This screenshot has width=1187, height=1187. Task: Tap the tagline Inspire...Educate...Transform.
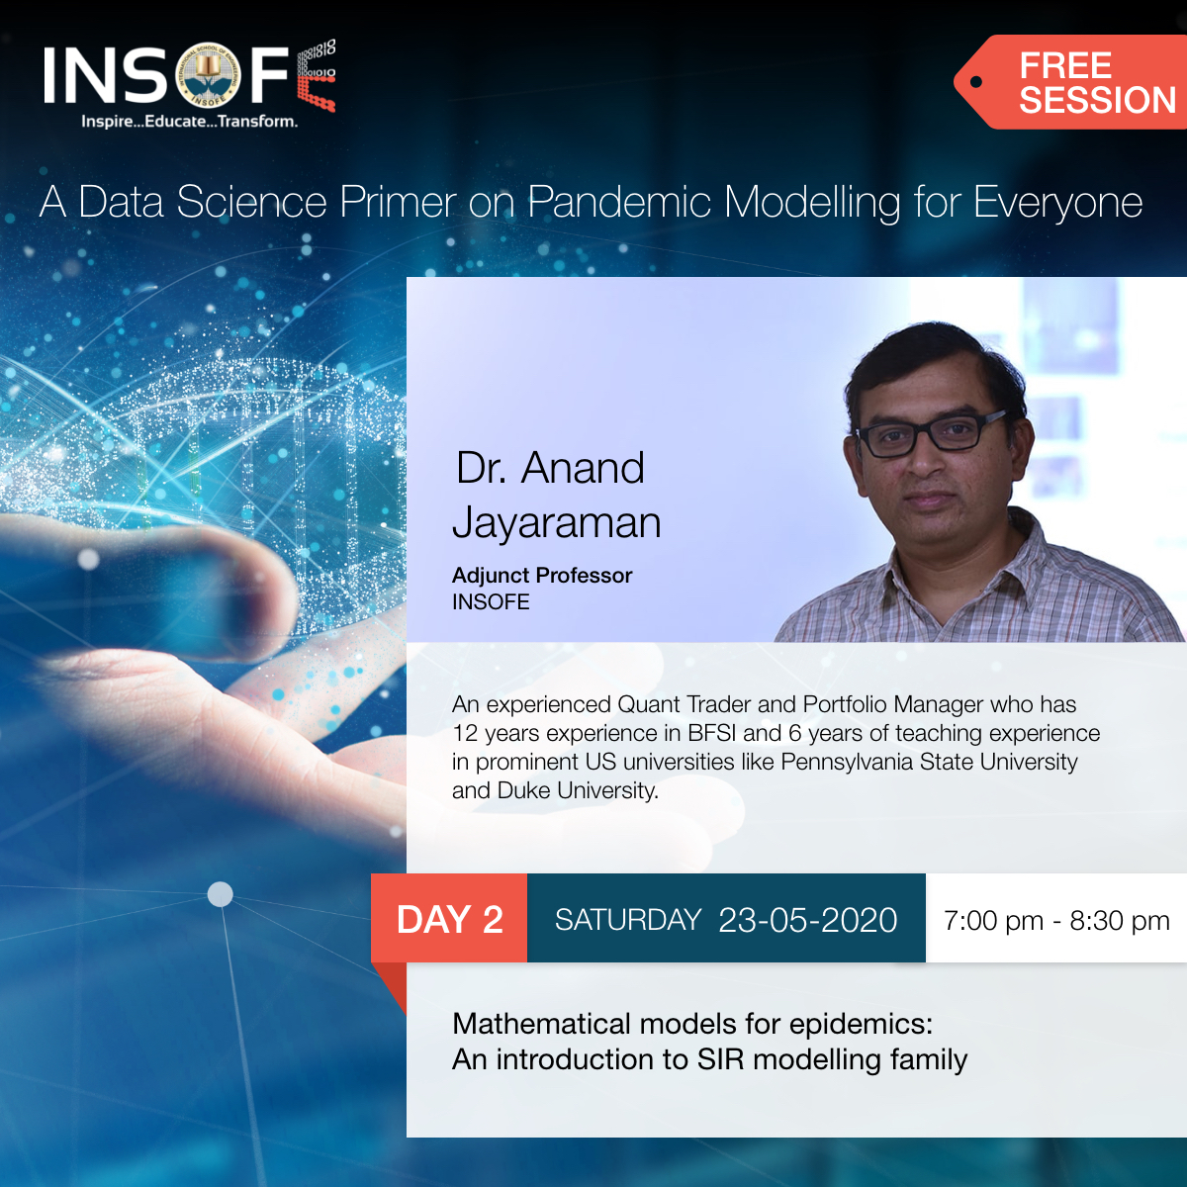pyautogui.click(x=189, y=122)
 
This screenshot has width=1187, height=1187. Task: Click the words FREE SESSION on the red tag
pyautogui.click(x=1096, y=83)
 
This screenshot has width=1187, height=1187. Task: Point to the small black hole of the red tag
pyautogui.click(x=976, y=82)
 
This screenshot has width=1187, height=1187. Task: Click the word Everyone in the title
pyautogui.click(x=1057, y=203)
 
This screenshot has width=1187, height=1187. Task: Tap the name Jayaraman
pyautogui.click(x=556, y=522)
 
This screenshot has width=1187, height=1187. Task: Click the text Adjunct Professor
pyautogui.click(x=541, y=576)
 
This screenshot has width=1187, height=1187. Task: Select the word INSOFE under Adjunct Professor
pyautogui.click(x=491, y=602)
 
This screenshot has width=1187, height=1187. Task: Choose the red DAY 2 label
pyautogui.click(x=450, y=920)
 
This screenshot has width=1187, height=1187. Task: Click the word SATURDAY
pyautogui.click(x=627, y=921)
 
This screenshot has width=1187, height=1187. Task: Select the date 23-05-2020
pyautogui.click(x=807, y=921)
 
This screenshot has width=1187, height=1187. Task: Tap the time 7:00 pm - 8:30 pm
pyautogui.click(x=1055, y=921)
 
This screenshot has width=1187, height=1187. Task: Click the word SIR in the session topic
pyautogui.click(x=720, y=1059)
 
